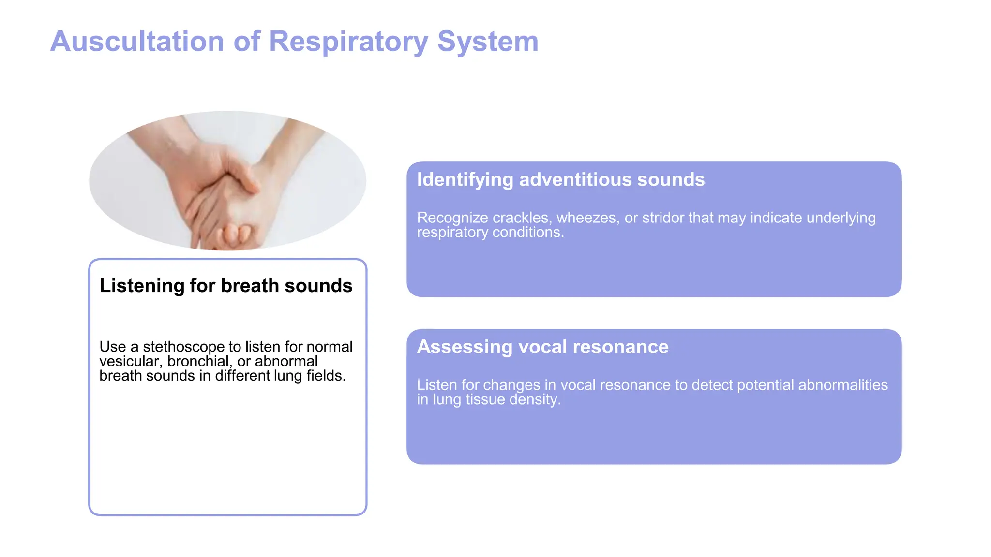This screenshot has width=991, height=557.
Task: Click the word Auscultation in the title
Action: (x=137, y=42)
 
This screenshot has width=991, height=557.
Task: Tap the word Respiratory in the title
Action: (x=348, y=42)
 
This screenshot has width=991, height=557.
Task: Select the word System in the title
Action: (x=488, y=42)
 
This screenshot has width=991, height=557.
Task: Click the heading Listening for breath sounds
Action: (x=225, y=286)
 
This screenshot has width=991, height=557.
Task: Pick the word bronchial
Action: (x=198, y=361)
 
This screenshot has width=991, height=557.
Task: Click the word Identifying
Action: (x=465, y=180)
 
